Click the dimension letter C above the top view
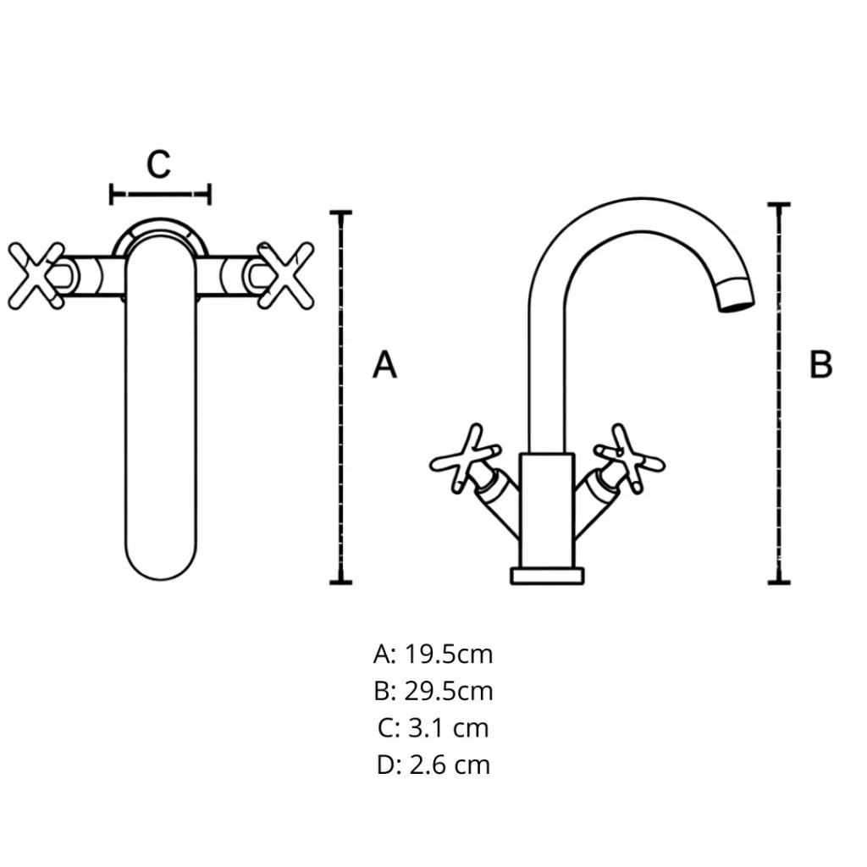coord(159,164)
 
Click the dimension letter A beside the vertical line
coord(384,365)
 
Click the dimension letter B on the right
coord(820,365)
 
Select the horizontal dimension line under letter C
coord(160,195)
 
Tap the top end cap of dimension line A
coord(340,213)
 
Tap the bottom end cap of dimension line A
coord(340,582)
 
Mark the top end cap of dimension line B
coord(779,205)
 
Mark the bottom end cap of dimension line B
coord(779,582)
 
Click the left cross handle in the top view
coord(37,275)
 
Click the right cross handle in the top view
coord(284,275)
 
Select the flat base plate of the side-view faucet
coord(548,576)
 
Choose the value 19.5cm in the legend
coord(448,654)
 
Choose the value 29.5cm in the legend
coord(448,691)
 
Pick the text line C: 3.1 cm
coord(433,727)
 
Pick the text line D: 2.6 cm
coord(433,765)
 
